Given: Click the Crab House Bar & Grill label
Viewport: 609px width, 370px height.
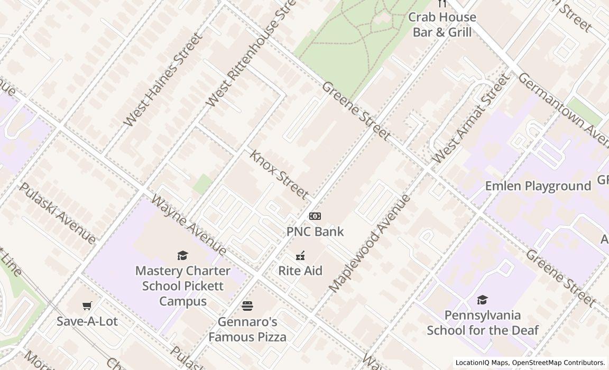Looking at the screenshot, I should coord(442,25).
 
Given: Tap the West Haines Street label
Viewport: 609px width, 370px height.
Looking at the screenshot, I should coord(163,80).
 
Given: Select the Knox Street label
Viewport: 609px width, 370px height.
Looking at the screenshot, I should coord(279,175).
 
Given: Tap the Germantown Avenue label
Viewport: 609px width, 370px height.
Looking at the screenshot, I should coord(562,108).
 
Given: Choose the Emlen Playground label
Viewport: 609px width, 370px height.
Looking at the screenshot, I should coord(538,186).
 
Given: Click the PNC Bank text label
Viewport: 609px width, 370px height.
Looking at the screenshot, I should coord(315,232).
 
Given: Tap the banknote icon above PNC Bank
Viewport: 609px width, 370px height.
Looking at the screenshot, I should coord(315,216).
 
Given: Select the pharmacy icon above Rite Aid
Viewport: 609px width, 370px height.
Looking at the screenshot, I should coord(300,256).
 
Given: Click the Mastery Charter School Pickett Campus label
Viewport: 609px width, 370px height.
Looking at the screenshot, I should coord(183,286).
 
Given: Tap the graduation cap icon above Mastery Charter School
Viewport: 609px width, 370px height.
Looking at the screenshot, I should coord(183,256).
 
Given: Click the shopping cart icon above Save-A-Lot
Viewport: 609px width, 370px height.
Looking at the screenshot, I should coord(87,306).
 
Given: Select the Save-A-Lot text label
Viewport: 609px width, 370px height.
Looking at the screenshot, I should coord(87,321).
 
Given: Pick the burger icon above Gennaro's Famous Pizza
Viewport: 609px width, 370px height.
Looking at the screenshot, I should coord(247,306).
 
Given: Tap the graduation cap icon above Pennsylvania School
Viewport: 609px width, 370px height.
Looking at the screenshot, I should coord(482,300).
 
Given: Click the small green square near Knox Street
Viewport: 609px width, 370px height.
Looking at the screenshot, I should coord(202,184).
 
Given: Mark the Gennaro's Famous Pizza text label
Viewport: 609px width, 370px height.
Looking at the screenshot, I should coord(247,329).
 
